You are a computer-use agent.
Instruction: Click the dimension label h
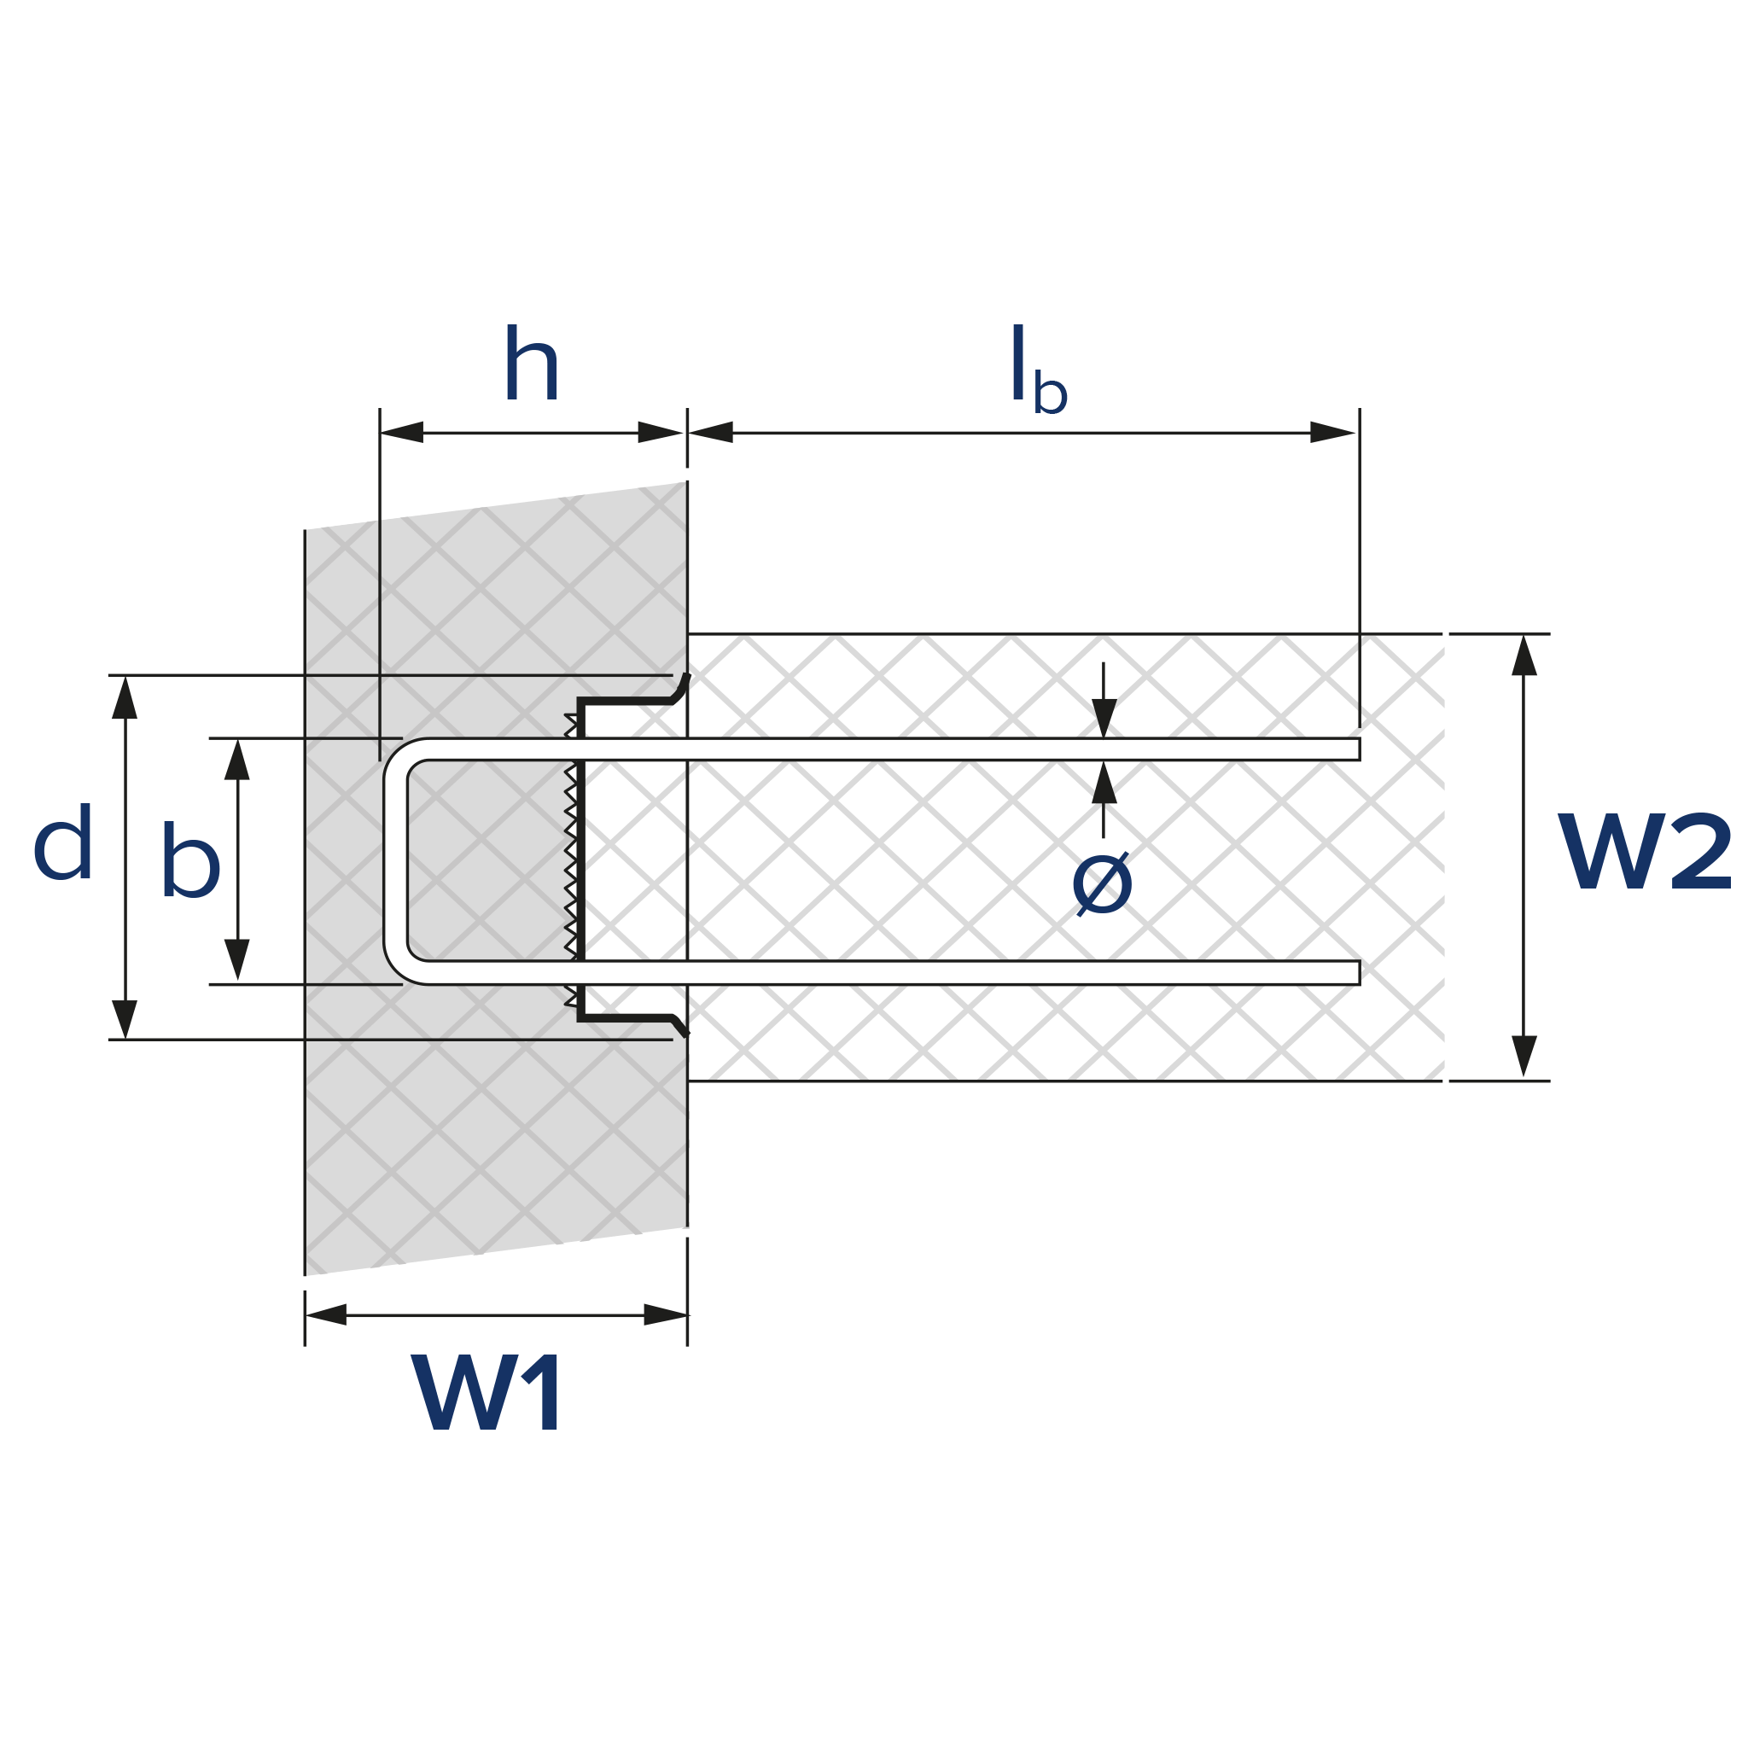(532, 363)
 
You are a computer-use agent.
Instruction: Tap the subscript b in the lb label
(1051, 392)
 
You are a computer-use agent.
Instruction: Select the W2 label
(1644, 851)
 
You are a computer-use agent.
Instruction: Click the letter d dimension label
(63, 842)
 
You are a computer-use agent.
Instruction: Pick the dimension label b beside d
(191, 859)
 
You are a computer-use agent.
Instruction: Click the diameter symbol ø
(1102, 884)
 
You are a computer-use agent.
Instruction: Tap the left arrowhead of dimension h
(402, 433)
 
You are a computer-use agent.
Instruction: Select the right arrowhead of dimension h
(661, 433)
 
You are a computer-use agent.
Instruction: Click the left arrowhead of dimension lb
(711, 433)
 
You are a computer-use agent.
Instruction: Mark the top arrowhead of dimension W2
(1524, 656)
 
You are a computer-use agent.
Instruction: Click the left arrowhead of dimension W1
(327, 1314)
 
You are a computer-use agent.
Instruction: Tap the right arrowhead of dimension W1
(666, 1314)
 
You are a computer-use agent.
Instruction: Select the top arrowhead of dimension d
(125, 697)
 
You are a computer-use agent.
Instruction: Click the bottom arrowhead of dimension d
(125, 1019)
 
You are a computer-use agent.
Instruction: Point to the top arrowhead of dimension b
(237, 760)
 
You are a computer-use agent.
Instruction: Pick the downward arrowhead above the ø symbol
(1104, 719)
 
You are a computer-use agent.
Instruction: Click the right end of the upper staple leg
(1357, 749)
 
